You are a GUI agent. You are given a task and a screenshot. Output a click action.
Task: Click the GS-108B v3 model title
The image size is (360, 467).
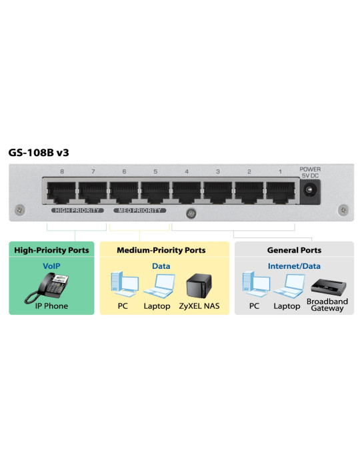pos(39,153)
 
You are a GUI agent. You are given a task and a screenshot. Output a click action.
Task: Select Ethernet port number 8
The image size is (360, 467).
pos(61,192)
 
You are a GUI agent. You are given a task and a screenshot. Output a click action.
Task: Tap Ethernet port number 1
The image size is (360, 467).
pos(281,192)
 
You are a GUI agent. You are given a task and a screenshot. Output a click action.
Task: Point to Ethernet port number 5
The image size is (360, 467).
pos(155,192)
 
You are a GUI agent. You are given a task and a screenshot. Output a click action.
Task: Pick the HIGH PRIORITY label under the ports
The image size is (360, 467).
pos(77,210)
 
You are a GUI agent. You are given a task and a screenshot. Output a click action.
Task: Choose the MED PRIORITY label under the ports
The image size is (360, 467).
pos(139,210)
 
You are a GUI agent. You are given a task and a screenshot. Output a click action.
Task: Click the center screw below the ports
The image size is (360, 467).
pos(191,213)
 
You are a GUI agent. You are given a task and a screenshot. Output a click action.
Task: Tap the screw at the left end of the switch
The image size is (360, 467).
pos(20,210)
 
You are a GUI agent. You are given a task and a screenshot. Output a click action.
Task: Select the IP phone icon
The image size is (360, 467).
pos(47,288)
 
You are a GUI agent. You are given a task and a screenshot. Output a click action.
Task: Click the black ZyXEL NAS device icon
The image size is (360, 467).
pos(199,286)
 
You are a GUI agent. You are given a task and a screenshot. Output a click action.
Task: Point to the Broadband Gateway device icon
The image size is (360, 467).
pos(329,286)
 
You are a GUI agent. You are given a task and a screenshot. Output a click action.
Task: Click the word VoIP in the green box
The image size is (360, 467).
pos(51,266)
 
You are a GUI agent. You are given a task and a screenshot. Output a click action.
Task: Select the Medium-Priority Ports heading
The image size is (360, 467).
pos(161,250)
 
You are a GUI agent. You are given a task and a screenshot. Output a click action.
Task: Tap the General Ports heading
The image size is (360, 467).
pos(294,250)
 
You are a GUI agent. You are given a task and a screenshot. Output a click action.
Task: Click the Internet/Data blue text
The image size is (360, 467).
pos(294,266)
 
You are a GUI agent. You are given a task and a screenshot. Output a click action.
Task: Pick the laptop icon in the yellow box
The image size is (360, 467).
pos(159,286)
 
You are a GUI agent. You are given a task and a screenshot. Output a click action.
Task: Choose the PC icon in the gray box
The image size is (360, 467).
pos(256,284)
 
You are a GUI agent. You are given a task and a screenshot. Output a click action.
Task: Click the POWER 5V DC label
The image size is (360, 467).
pos(310,172)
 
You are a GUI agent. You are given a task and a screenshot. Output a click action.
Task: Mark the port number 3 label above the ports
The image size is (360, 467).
pos(218,171)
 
